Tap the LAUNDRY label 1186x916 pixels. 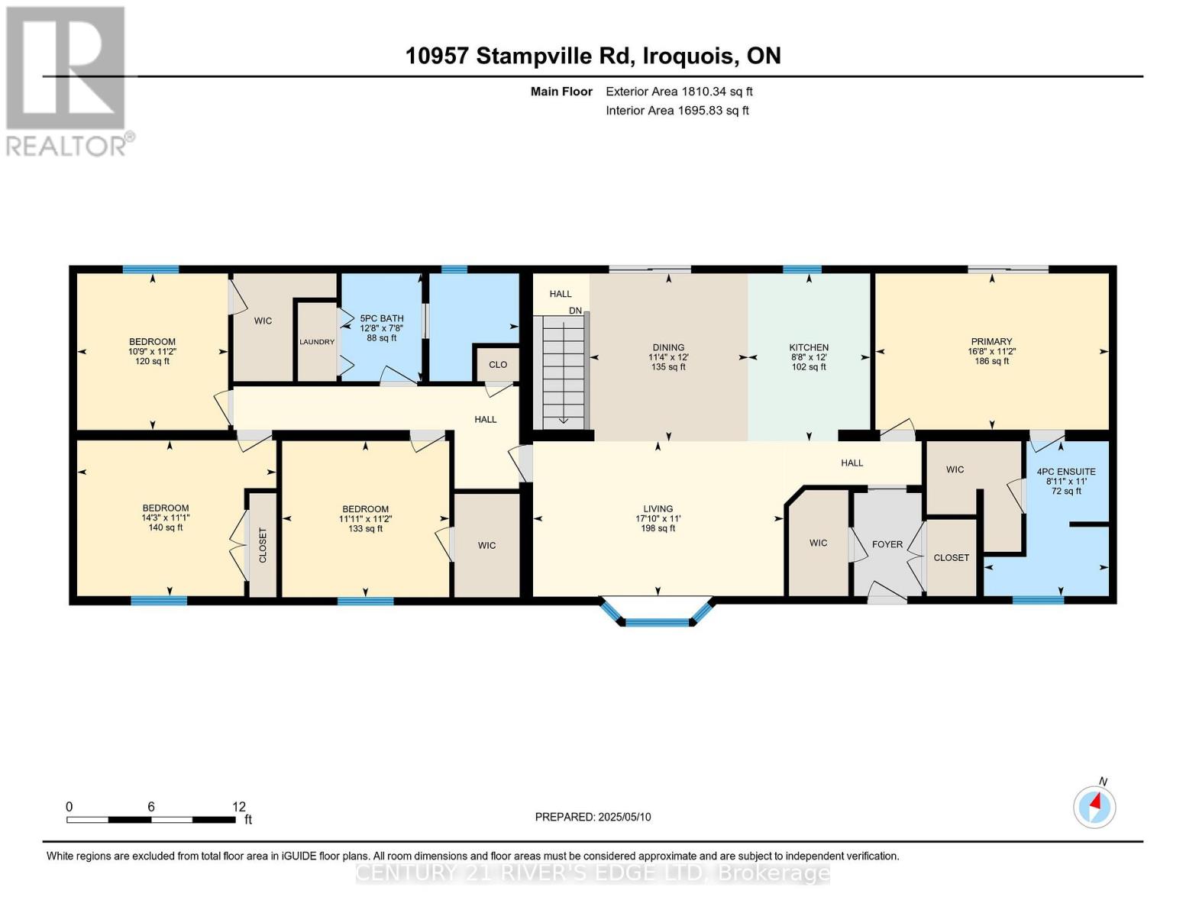click(x=317, y=342)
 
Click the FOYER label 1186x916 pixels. click(x=887, y=544)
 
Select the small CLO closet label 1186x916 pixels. click(x=498, y=365)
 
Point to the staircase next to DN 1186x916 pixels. click(x=563, y=373)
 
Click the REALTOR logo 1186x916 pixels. click(x=66, y=80)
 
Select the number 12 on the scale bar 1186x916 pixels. click(x=239, y=807)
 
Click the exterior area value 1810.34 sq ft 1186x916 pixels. click(x=716, y=92)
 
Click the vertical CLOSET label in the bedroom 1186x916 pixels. click(x=263, y=545)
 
